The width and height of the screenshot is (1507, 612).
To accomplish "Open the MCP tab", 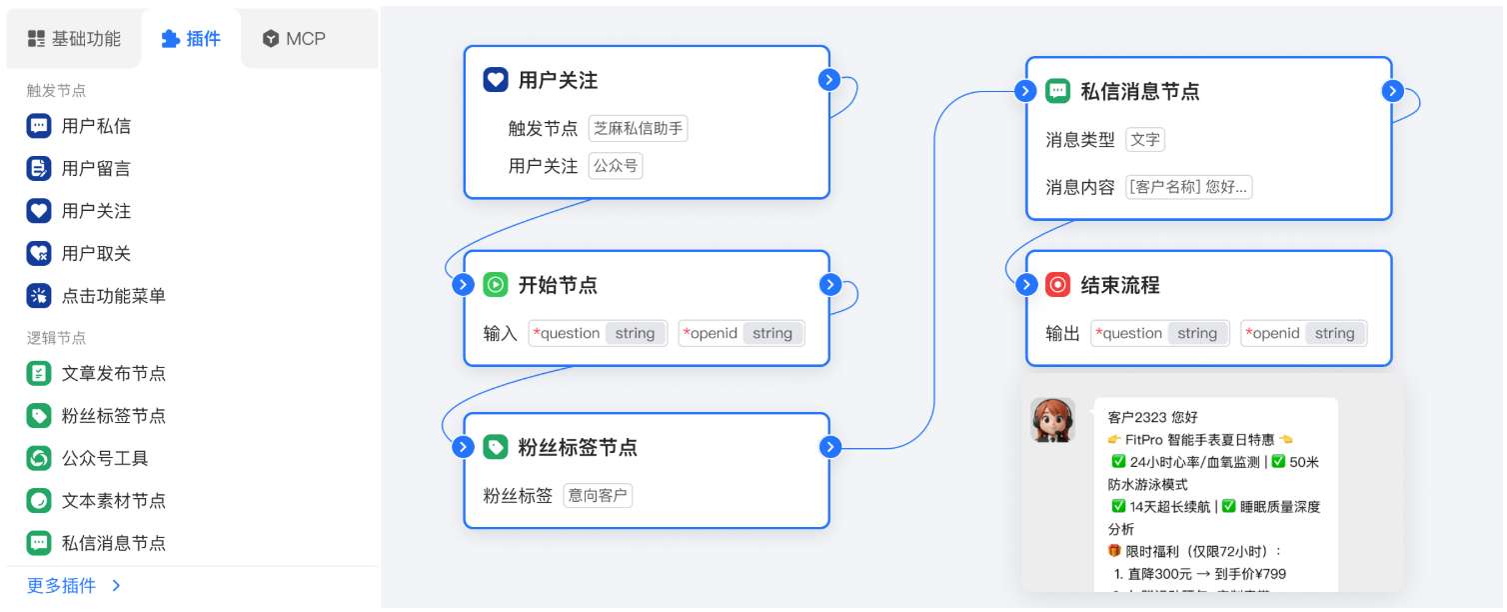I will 294,39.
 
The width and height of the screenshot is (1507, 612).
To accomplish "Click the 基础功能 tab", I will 74,39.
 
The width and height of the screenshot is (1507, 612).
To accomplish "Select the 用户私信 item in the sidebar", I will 96,126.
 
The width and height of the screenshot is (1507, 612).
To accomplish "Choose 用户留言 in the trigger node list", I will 96,169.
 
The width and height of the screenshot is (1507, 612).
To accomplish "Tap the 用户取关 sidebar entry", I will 96,254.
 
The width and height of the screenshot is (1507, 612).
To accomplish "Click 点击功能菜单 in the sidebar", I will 113,296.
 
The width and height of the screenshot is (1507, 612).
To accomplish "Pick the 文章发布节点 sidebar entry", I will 113,373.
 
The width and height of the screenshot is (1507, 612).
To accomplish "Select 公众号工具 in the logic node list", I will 105,458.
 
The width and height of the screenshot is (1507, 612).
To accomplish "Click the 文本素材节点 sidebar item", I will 113,501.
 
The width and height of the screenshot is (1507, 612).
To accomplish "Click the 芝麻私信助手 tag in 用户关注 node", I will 638,128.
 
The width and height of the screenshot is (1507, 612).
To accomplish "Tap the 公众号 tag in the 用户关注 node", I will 616,166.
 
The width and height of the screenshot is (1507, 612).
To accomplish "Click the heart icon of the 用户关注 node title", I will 496,80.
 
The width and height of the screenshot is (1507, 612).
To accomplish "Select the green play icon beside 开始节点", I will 496,285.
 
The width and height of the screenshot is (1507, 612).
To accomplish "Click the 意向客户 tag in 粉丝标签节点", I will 598,495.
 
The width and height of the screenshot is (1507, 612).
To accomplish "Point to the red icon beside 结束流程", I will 1057,285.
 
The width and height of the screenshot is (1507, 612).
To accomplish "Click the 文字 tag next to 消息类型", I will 1145,140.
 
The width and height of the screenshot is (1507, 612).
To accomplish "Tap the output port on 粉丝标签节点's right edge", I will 829,447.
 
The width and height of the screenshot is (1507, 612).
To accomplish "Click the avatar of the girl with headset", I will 1052,420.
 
